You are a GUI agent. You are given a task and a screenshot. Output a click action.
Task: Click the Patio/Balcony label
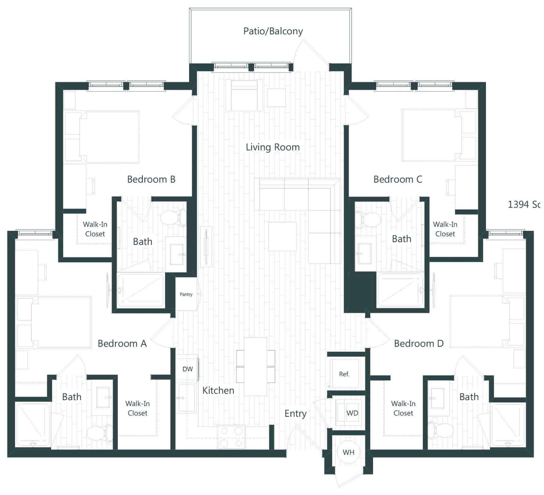273,31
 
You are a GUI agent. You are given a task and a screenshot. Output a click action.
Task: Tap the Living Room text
272,147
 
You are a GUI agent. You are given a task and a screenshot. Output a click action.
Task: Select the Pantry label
186,294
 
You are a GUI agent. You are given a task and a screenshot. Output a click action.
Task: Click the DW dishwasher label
187,369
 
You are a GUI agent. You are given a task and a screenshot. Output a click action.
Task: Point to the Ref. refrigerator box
344,374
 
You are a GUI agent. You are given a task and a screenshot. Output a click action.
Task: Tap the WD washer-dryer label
352,413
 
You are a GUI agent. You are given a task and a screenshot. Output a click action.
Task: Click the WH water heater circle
348,452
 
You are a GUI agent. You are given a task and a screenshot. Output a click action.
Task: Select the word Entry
295,414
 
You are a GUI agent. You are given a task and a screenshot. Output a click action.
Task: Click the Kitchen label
218,391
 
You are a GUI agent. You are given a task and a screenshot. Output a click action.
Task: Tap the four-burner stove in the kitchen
231,437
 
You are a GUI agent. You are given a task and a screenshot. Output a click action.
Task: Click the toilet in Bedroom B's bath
174,218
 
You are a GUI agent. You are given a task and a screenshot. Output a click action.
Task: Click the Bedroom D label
419,343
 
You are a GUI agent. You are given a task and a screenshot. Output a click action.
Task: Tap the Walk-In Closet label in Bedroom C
445,229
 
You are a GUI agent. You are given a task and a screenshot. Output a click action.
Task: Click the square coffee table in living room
282,236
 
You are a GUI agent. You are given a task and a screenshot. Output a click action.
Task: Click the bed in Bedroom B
109,137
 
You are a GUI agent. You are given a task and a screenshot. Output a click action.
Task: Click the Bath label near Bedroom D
469,397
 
